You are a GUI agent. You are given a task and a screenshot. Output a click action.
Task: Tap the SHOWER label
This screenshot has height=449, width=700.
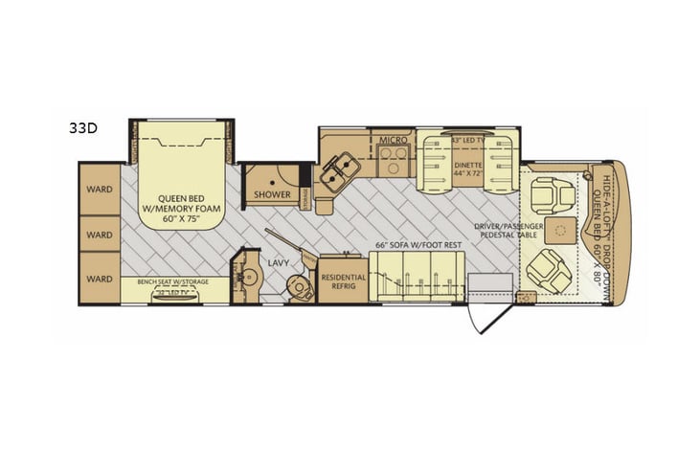point(272,194)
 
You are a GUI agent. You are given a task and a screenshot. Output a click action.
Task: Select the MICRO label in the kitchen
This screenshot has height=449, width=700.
point(393,140)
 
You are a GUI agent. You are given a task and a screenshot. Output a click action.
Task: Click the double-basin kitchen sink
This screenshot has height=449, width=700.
point(334,170)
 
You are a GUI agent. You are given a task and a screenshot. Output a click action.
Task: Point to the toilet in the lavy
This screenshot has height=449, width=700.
point(297,286)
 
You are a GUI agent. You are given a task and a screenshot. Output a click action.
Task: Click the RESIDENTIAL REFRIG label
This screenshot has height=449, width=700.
point(343,279)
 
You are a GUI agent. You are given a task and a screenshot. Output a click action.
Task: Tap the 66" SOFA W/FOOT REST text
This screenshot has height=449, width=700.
point(419,244)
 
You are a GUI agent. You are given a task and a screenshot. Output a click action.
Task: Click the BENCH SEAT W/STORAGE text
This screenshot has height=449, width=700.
point(174,281)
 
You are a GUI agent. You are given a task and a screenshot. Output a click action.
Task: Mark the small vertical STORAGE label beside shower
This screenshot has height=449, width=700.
point(306,196)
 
